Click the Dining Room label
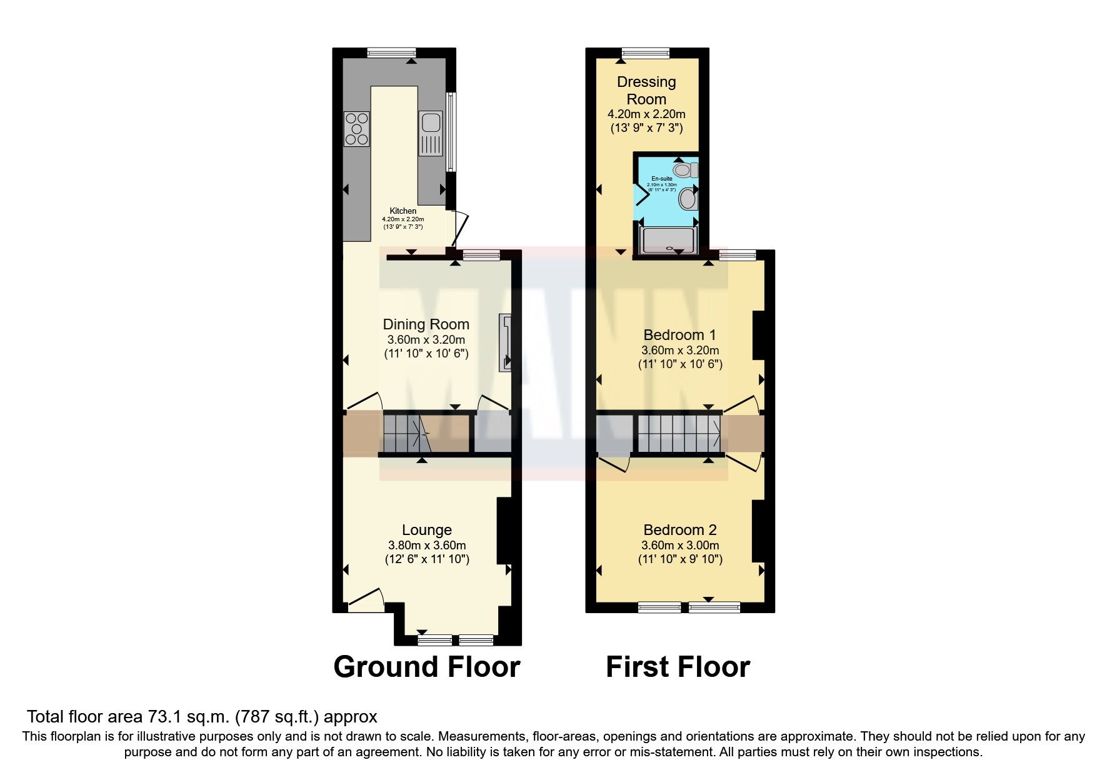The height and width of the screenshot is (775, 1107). (426, 324)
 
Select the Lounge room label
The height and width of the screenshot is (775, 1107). (426, 529)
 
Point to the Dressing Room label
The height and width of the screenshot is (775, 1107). (646, 90)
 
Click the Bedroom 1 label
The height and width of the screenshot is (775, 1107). (679, 334)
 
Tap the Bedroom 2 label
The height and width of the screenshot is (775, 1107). (679, 529)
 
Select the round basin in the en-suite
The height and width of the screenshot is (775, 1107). (688, 199)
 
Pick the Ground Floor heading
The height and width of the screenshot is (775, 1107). (426, 667)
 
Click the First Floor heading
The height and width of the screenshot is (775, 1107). (678, 667)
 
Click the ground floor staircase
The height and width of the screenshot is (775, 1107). (406, 432)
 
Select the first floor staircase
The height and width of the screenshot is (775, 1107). (679, 433)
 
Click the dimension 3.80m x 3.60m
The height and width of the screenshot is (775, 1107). (426, 545)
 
